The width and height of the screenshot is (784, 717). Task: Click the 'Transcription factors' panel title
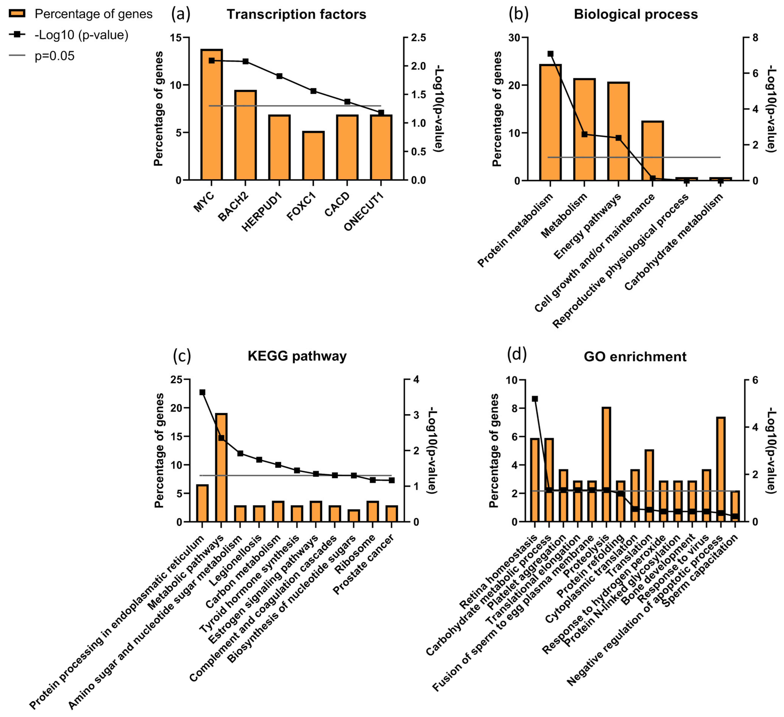tap(296, 14)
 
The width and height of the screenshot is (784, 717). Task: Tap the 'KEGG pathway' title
tap(297, 356)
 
